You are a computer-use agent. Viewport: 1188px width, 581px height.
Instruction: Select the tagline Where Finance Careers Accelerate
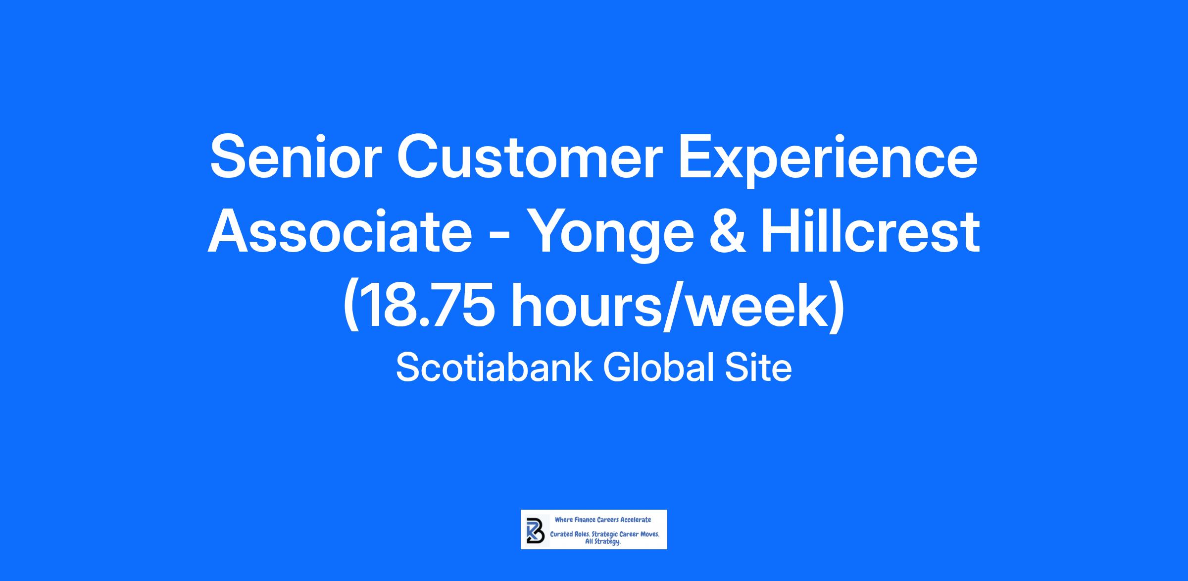(x=603, y=520)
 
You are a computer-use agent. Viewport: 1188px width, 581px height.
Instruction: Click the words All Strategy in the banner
(x=603, y=542)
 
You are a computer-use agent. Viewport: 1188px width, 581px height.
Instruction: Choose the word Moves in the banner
(x=650, y=535)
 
